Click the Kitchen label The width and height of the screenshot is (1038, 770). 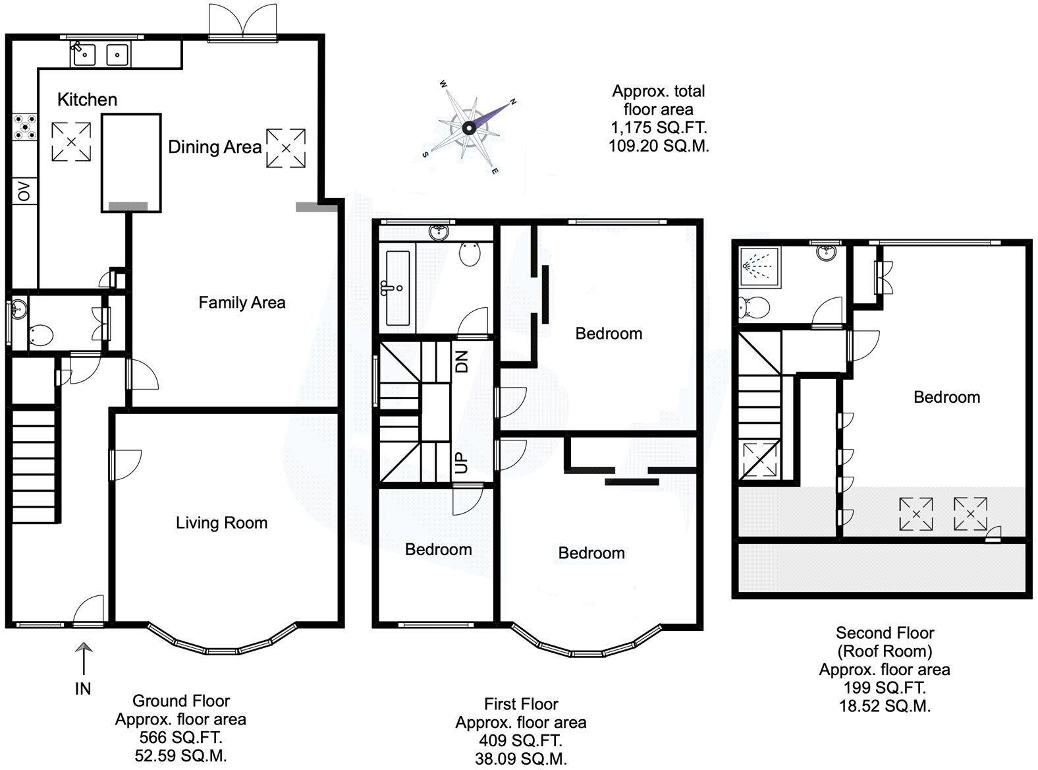(87, 100)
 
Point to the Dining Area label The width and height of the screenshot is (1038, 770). (215, 146)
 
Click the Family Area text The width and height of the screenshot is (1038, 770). (242, 303)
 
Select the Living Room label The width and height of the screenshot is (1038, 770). (221, 523)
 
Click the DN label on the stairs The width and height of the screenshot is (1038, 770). (462, 361)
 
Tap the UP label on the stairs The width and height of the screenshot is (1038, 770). (462, 464)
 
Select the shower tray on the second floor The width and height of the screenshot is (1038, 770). (759, 267)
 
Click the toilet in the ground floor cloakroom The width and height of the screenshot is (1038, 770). (41, 335)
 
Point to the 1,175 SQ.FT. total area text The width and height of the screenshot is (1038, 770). (658, 127)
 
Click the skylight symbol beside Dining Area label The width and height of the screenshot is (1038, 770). (286, 148)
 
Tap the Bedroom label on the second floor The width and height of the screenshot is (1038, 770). (946, 397)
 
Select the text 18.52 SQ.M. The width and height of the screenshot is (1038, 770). (885, 705)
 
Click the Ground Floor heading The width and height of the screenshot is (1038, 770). (181, 701)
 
